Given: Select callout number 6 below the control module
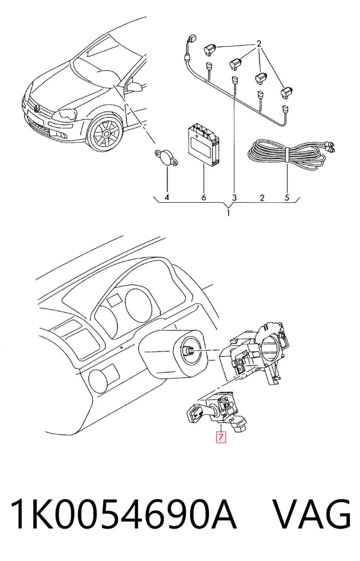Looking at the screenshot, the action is [x=203, y=197].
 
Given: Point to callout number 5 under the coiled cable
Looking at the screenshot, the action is [x=287, y=197].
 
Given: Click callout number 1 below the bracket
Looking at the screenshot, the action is [x=228, y=214].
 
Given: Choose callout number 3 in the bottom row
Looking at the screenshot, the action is [x=235, y=197].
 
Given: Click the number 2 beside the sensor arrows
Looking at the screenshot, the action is [x=259, y=44].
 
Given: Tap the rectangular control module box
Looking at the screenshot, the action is [x=204, y=145].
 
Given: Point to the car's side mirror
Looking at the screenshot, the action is [x=135, y=86].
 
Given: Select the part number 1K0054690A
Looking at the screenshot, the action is [x=124, y=514].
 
